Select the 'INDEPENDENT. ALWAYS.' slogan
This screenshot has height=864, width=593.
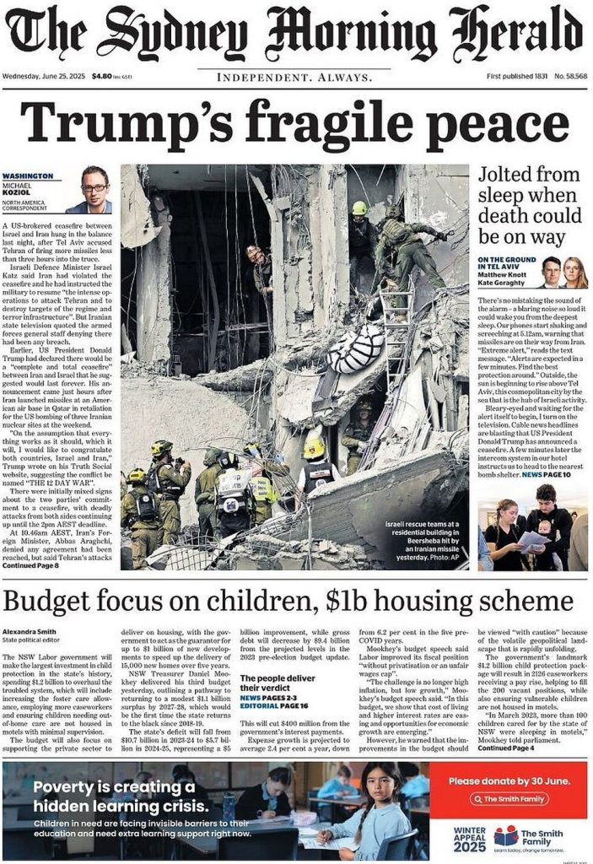(295, 78)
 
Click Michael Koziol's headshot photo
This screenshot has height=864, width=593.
(94, 189)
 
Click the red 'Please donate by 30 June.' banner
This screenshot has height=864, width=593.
(508, 781)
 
